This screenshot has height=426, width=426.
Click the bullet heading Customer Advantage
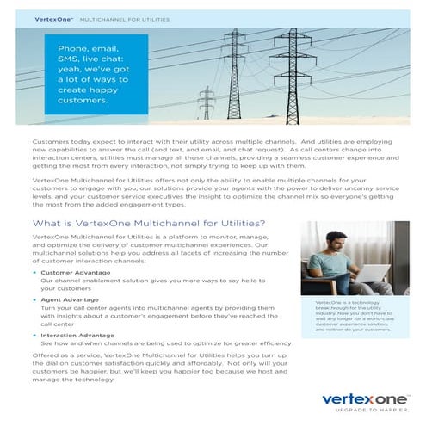pyautogui.click(x=70, y=272)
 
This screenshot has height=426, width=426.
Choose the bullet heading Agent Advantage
pyautogui.click(x=65, y=299)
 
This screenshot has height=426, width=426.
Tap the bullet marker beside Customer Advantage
pyautogui.click(x=34, y=272)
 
